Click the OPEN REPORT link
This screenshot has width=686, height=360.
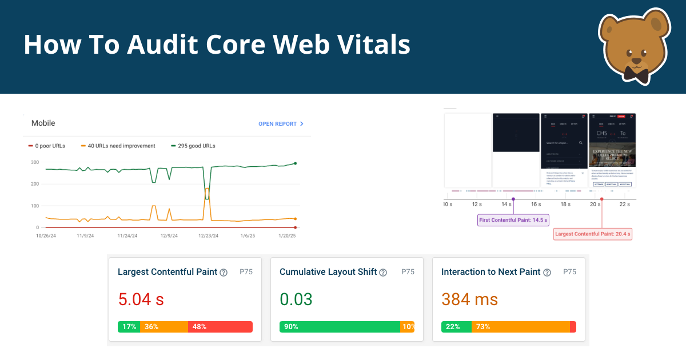click(x=280, y=123)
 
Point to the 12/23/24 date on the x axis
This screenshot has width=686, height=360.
click(x=210, y=235)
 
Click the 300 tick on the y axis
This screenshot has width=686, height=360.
click(x=35, y=162)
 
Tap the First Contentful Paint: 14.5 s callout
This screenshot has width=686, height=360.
click(x=513, y=220)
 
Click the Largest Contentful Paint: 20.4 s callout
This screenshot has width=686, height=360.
click(x=593, y=234)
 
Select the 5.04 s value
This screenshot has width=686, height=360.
click(x=141, y=299)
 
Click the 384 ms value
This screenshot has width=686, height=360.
click(x=469, y=299)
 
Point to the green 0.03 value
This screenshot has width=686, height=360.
click(x=296, y=299)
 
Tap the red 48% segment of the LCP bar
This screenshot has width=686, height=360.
click(x=220, y=327)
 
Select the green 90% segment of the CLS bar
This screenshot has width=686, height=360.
click(x=340, y=327)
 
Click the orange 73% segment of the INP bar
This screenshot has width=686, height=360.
click(x=520, y=327)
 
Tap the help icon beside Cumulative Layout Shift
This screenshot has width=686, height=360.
click(x=383, y=273)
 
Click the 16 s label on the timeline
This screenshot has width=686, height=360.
click(x=536, y=204)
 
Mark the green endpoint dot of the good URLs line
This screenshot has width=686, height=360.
click(x=295, y=163)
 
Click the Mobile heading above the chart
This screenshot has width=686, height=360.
click(x=43, y=123)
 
